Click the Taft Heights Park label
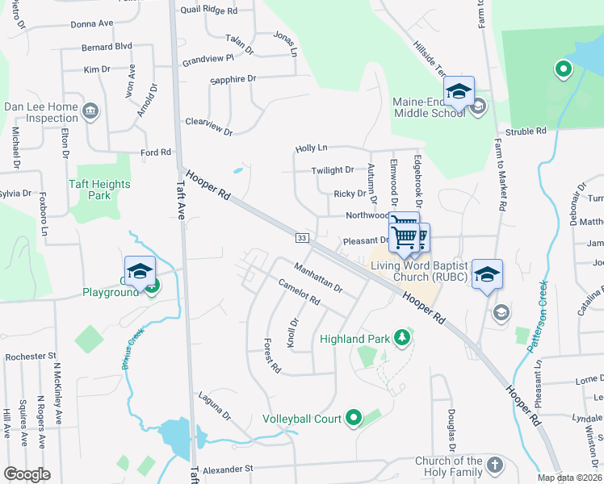pos(99,190)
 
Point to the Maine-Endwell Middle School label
pos(430,107)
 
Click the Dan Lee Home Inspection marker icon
pos(90,110)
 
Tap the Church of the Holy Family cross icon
pos(494,465)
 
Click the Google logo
pos(27,474)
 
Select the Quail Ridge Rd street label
pos(209,11)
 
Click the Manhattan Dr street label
pos(318,277)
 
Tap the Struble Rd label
pos(526,131)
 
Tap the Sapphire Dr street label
pos(233,79)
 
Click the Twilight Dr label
pos(333,170)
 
